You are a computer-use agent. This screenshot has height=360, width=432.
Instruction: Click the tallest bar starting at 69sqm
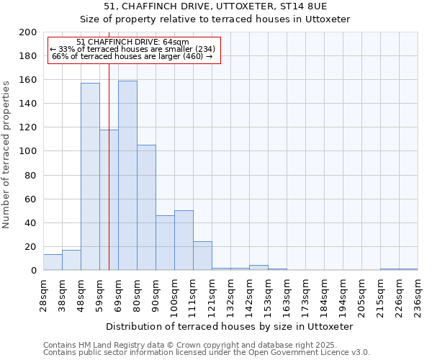[127, 176]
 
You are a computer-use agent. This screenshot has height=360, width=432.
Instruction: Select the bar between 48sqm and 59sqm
[90, 176]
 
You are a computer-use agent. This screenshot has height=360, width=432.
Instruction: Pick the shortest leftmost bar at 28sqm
[53, 263]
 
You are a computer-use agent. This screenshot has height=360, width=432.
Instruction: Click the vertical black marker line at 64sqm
[109, 180]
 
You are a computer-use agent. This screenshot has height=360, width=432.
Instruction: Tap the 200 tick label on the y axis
[28, 32]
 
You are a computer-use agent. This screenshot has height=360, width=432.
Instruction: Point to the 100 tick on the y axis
[28, 151]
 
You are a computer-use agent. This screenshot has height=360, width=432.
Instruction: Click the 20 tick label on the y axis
[31, 247]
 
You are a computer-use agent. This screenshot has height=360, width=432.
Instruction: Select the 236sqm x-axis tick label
[418, 296]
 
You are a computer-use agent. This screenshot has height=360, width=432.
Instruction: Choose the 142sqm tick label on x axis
[249, 296]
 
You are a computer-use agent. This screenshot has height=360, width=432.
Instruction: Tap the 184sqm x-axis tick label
[324, 296]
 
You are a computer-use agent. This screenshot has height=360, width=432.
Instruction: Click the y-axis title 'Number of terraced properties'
[6, 154]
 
